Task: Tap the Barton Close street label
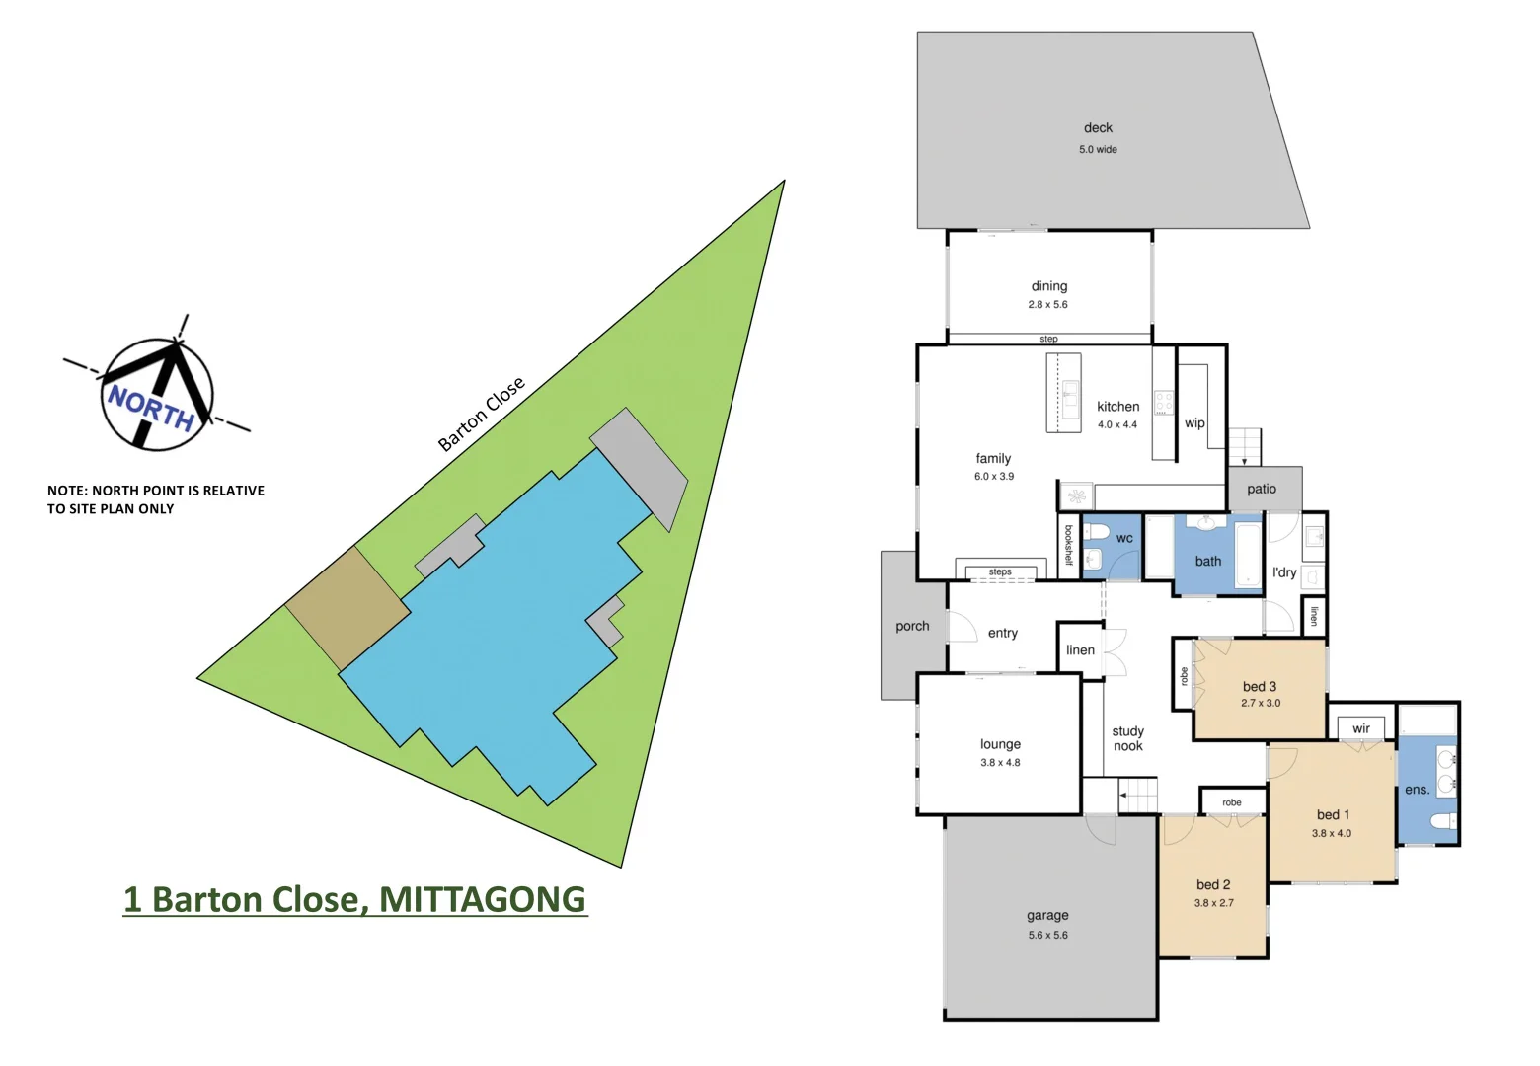481,415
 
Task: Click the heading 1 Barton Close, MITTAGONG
354,899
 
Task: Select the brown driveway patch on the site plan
347,609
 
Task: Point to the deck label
1098,128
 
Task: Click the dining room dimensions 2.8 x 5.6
1047,305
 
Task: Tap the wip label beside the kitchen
1194,423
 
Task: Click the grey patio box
1264,489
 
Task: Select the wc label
1124,539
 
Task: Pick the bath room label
1208,562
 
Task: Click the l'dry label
1284,572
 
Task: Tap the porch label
912,626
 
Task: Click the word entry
1003,634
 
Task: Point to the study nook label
1127,738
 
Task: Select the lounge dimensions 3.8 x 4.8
1000,763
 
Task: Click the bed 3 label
1260,686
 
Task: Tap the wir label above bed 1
1361,729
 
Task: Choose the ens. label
1417,790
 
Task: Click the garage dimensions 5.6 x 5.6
1047,936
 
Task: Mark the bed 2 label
1213,885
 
